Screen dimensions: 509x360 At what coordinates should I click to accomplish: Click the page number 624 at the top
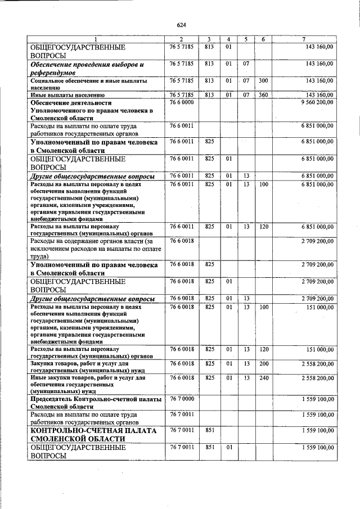181,25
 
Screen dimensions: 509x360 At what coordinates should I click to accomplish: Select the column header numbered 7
303,39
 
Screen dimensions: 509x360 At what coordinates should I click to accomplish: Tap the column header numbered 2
181,39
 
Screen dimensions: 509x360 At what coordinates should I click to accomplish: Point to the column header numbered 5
246,39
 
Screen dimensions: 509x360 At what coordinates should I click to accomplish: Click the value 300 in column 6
263,81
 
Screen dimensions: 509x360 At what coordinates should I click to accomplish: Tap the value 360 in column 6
263,94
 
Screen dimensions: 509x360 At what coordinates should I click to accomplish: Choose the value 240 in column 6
263,378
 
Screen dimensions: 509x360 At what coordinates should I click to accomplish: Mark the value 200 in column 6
263,364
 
